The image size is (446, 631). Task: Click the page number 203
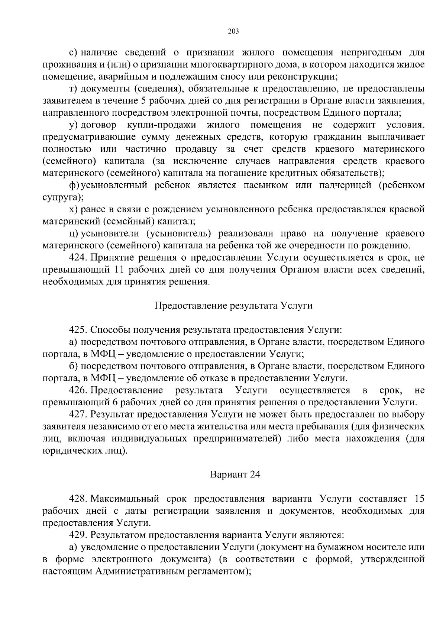233,31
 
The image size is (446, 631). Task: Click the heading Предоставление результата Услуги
233,306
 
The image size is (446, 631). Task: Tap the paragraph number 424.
78,258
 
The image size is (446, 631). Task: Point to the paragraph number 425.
78,330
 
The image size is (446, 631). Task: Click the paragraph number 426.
78,390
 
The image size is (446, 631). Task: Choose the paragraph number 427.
78,414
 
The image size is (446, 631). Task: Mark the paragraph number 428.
78,499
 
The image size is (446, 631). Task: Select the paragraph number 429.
78,535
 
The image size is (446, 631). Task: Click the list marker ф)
74,185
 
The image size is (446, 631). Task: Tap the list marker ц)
74,234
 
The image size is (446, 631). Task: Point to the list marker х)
74,209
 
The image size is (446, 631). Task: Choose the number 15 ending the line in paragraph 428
419,499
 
